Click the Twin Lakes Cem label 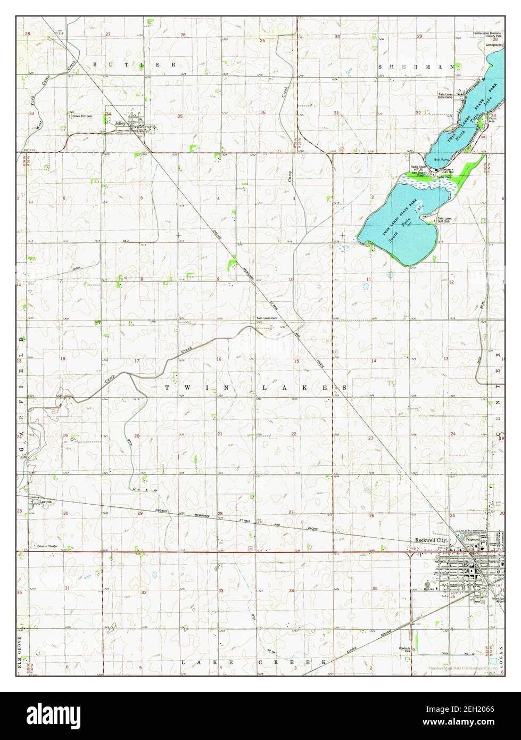(267, 318)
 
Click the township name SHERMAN (417, 67)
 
